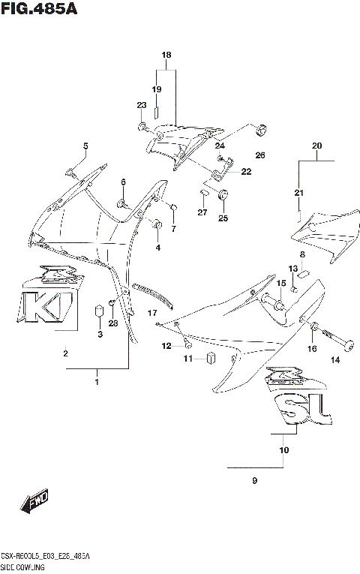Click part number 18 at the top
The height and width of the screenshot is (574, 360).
tap(166, 56)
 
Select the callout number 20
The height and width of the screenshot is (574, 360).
tap(316, 146)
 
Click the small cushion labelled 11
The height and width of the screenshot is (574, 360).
tap(211, 359)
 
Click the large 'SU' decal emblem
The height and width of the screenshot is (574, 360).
tap(297, 406)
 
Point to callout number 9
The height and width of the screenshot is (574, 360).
tap(254, 481)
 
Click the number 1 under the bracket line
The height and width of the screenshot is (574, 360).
tap(97, 383)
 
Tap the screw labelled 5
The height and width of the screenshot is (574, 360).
tap(72, 171)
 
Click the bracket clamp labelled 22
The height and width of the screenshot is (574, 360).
tap(219, 173)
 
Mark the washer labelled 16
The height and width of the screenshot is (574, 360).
tap(313, 328)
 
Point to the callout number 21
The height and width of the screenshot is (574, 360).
tap(298, 194)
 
